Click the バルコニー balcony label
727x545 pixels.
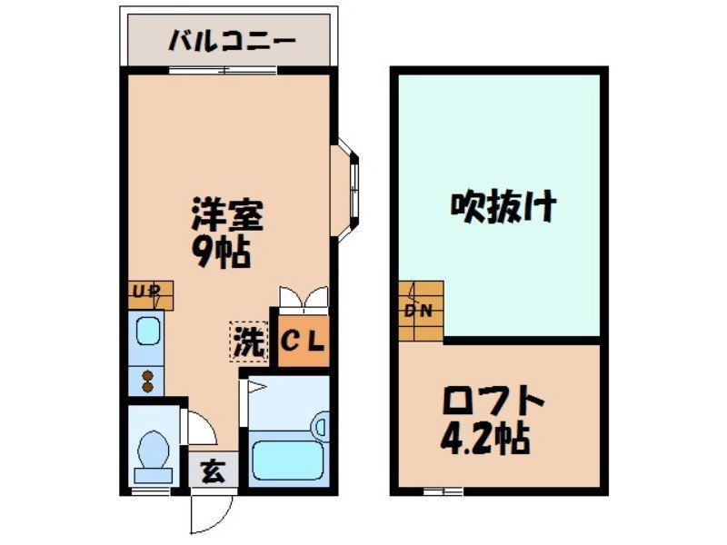click(x=231, y=40)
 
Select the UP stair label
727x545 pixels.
click(x=145, y=292)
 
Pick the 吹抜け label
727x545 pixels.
click(x=503, y=208)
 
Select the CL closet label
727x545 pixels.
click(x=302, y=342)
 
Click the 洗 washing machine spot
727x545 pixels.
click(x=248, y=342)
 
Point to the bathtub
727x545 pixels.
click(x=288, y=459)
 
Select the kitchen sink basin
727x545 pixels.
click(x=146, y=332)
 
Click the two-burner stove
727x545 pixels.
click(x=145, y=379)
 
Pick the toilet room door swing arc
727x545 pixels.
click(x=200, y=427)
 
